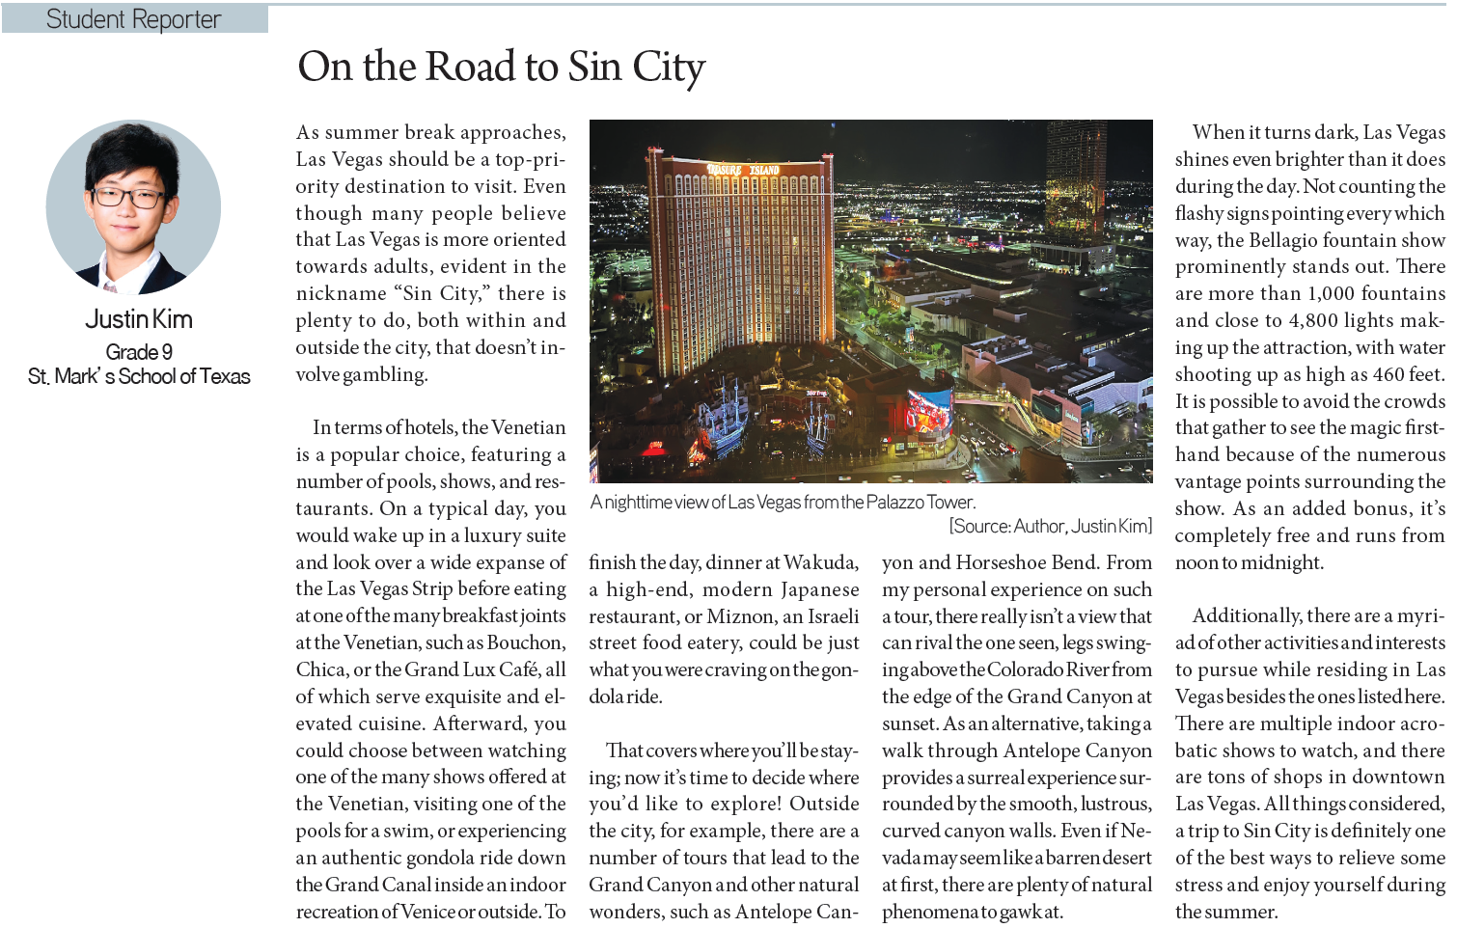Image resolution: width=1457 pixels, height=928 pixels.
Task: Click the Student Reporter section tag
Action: pyautogui.click(x=134, y=19)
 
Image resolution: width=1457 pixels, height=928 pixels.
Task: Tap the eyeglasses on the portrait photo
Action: pyautogui.click(x=128, y=197)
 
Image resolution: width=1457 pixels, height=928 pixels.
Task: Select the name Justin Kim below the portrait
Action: pyautogui.click(x=139, y=319)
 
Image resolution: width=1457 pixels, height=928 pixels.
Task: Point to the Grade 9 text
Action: pyautogui.click(x=139, y=352)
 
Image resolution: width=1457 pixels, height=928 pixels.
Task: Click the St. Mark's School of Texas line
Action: pyautogui.click(x=139, y=376)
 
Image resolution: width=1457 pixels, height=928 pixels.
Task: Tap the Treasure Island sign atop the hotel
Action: pyautogui.click(x=744, y=170)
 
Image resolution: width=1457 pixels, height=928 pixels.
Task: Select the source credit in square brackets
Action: pyautogui.click(x=1050, y=526)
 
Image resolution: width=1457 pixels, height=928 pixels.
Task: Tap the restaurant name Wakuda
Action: pyautogui.click(x=820, y=562)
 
